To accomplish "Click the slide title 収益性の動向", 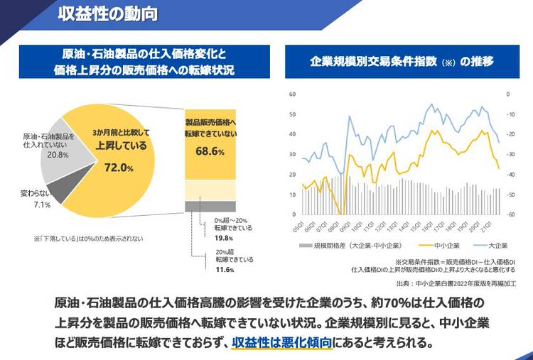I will [x=109, y=14].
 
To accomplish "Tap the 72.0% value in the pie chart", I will [x=119, y=168].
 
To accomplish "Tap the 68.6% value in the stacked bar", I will [x=210, y=151].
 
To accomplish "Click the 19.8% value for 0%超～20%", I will [x=224, y=238].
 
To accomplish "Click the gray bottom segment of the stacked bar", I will [x=210, y=206].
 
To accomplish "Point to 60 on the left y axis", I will [x=292, y=94].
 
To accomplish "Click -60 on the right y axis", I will [x=510, y=214].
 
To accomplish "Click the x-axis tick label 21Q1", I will [x=486, y=227].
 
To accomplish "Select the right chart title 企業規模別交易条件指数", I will [x=391, y=61].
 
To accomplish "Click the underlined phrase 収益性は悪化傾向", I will [x=282, y=342].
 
